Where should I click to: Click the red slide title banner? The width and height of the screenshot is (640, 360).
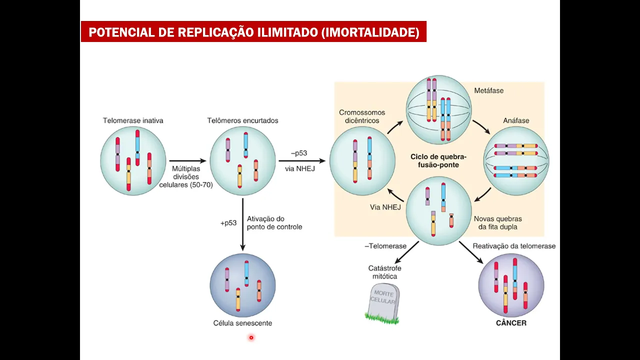253,32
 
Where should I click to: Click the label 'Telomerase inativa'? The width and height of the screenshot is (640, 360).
133,120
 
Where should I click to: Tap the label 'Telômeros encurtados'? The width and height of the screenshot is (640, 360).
242,120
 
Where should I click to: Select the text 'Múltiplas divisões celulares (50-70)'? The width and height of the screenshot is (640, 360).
186,176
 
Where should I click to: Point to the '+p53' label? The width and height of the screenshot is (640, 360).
228,223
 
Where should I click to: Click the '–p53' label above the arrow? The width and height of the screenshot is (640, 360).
298,153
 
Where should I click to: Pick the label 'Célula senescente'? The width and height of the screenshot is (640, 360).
242,323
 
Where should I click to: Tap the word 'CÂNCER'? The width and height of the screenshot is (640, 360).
511,323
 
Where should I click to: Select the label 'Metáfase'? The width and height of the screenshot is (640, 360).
488,90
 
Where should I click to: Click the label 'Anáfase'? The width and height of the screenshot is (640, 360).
516,120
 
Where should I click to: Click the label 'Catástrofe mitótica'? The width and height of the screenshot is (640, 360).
384,272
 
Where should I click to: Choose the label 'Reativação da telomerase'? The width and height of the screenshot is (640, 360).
514,246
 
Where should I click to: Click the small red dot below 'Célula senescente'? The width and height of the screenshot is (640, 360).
251,337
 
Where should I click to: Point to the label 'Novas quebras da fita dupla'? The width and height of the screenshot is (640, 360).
497,222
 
